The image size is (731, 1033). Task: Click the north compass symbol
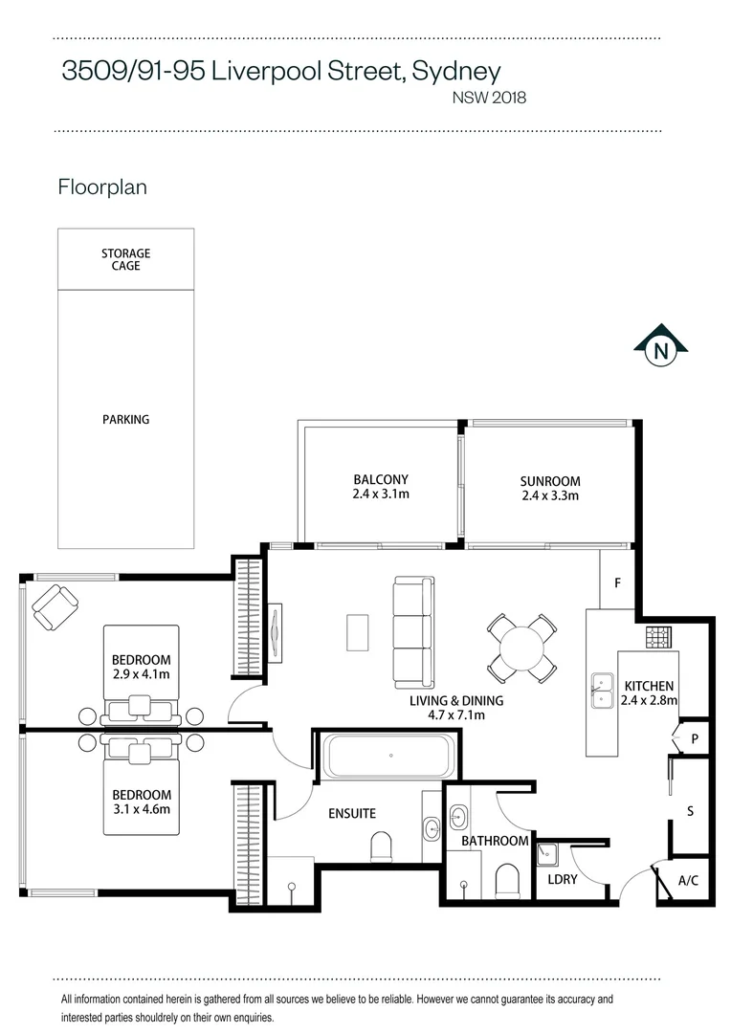(660, 346)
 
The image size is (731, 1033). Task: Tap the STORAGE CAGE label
(126, 259)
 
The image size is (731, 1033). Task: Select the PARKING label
(126, 419)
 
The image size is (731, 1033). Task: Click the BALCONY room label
(381, 479)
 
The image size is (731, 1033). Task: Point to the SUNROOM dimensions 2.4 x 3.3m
(550, 495)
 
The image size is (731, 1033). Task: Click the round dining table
(521, 648)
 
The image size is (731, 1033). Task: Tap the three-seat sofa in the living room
(414, 632)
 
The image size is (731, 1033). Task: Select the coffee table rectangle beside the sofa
(357, 632)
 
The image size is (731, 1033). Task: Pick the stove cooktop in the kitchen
(658, 637)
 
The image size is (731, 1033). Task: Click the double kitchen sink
(602, 691)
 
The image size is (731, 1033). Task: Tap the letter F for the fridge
(618, 583)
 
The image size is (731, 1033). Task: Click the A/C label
(688, 880)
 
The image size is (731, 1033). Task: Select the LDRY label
(563, 879)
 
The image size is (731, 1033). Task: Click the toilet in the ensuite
(382, 846)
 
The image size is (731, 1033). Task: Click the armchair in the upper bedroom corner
(55, 606)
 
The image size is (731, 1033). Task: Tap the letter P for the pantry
(694, 739)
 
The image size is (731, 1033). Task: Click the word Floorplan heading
(102, 187)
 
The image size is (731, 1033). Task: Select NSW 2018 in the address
(489, 98)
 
